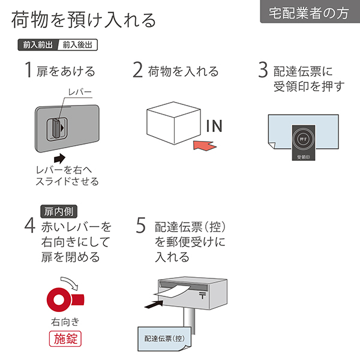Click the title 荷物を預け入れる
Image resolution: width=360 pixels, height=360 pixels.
pos(83,20)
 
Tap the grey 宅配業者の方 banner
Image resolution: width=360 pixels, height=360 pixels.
pos(310,12)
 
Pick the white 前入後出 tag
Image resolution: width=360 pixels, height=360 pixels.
pos(76,45)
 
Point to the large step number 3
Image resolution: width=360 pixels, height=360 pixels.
pos(263,70)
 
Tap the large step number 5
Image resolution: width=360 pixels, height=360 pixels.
pos(141,226)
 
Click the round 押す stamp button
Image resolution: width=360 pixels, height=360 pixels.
pos(304,137)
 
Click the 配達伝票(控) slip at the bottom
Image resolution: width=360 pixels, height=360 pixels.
pos(163,340)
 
